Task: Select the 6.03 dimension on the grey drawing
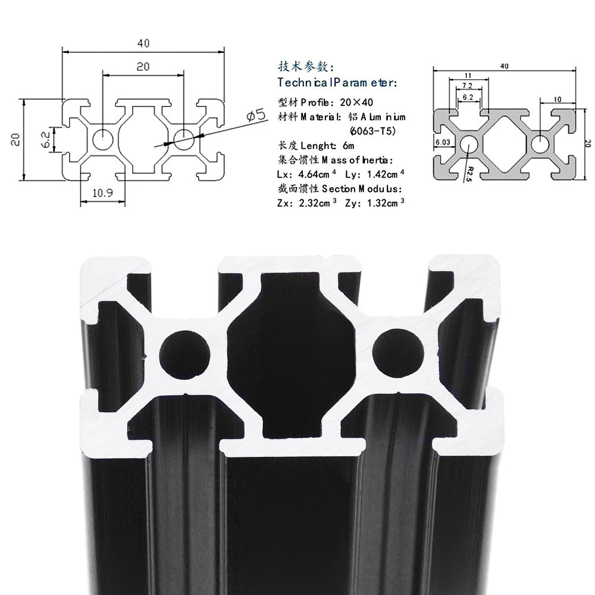(x=443, y=142)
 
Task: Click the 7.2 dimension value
(x=468, y=86)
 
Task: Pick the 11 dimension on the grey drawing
(x=468, y=76)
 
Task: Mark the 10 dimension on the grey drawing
(x=557, y=99)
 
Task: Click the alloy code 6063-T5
(x=372, y=130)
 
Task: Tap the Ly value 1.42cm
(x=381, y=174)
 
